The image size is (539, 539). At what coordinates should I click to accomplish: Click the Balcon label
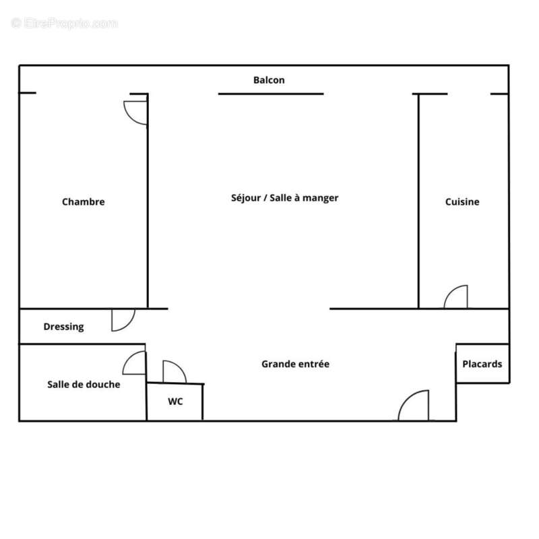[269, 80]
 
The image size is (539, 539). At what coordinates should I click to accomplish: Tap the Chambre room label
[84, 201]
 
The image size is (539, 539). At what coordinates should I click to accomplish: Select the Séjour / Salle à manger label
[284, 198]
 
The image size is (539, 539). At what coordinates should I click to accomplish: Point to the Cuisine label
[462, 201]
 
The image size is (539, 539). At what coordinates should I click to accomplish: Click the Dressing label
[64, 327]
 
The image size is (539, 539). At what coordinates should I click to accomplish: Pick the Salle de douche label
[84, 385]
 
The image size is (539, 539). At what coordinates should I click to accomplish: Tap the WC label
[175, 402]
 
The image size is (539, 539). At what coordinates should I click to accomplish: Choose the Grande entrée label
[295, 364]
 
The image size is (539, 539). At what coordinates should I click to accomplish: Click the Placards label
[482, 364]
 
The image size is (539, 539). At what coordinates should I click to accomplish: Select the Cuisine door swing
[456, 297]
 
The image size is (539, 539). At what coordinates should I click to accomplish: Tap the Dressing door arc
[123, 320]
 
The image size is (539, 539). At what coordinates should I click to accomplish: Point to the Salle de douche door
[134, 364]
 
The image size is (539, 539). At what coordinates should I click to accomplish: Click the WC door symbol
[173, 372]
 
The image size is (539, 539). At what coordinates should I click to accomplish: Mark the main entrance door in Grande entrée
[415, 406]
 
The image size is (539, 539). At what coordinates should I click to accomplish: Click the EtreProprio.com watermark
[65, 24]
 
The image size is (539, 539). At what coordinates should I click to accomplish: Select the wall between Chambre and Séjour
[148, 202]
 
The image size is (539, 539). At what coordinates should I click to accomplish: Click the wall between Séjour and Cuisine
[419, 202]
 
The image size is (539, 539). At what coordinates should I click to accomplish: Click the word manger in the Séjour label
[320, 198]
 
